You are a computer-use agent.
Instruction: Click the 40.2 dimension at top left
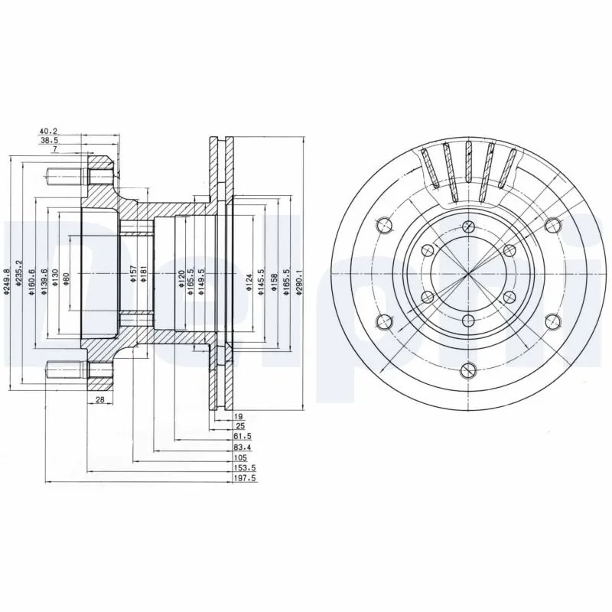coord(49,131)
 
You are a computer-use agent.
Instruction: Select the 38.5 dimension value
coord(49,141)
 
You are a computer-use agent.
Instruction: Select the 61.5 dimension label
coord(240,435)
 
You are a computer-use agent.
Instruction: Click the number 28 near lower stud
coord(100,400)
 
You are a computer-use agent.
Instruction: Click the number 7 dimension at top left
coord(55,151)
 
